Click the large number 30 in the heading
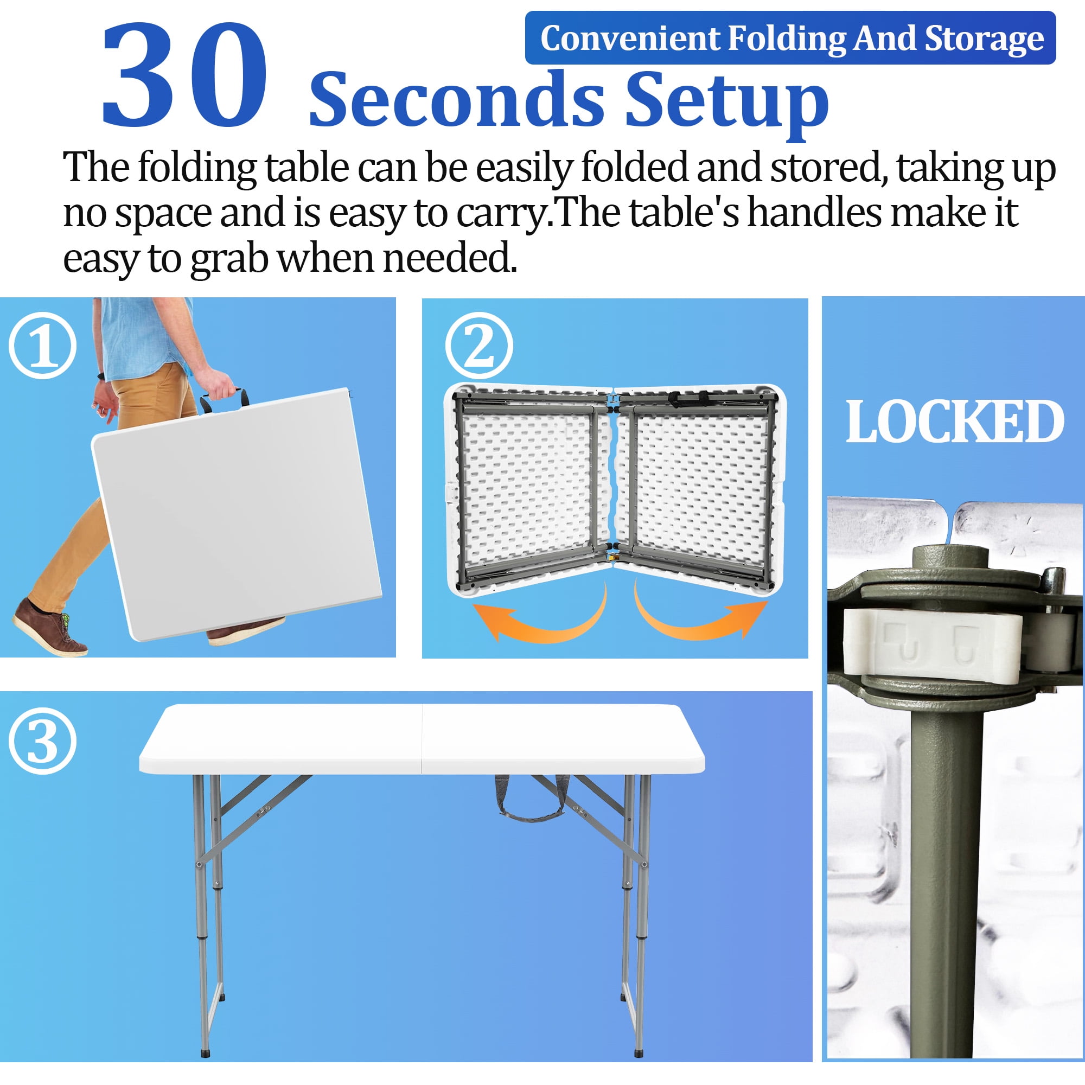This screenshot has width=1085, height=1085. point(184,76)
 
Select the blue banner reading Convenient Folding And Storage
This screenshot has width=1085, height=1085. point(790,38)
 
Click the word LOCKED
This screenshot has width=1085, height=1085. point(954,422)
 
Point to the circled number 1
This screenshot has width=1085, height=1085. point(43,346)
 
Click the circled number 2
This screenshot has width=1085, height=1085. point(479,346)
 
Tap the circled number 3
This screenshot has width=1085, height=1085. point(43,741)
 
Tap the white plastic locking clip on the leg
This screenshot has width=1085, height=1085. point(932,646)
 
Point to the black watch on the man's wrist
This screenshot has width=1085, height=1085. point(101,376)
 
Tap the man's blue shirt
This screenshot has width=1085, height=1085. point(141,337)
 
